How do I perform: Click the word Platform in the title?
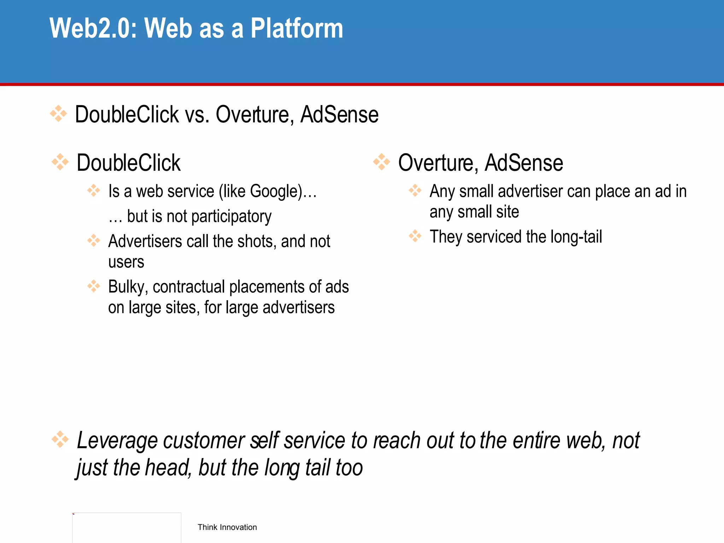click(x=297, y=28)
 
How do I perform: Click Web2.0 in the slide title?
click(x=93, y=28)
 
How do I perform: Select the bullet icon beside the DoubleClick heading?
click(x=60, y=162)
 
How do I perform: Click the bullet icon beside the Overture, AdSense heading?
click(x=382, y=162)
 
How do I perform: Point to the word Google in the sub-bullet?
click(x=275, y=191)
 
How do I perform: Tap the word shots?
click(x=256, y=241)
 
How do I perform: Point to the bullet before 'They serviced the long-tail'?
click(x=415, y=236)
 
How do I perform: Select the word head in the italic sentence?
click(x=168, y=467)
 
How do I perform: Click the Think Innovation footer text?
click(x=227, y=527)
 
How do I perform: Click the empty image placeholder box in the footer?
click(x=127, y=527)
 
